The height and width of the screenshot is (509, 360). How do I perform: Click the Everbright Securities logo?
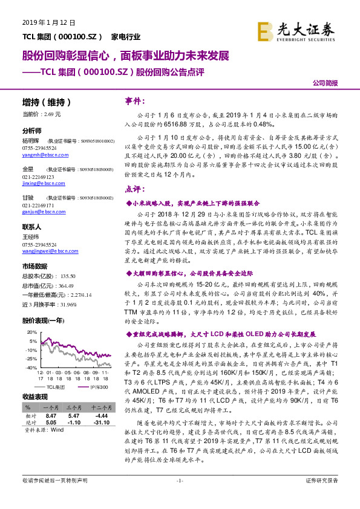(295, 29)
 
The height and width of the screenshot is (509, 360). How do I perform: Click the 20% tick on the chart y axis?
(31, 332)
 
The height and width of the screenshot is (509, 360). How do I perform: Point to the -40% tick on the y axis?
(30, 368)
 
